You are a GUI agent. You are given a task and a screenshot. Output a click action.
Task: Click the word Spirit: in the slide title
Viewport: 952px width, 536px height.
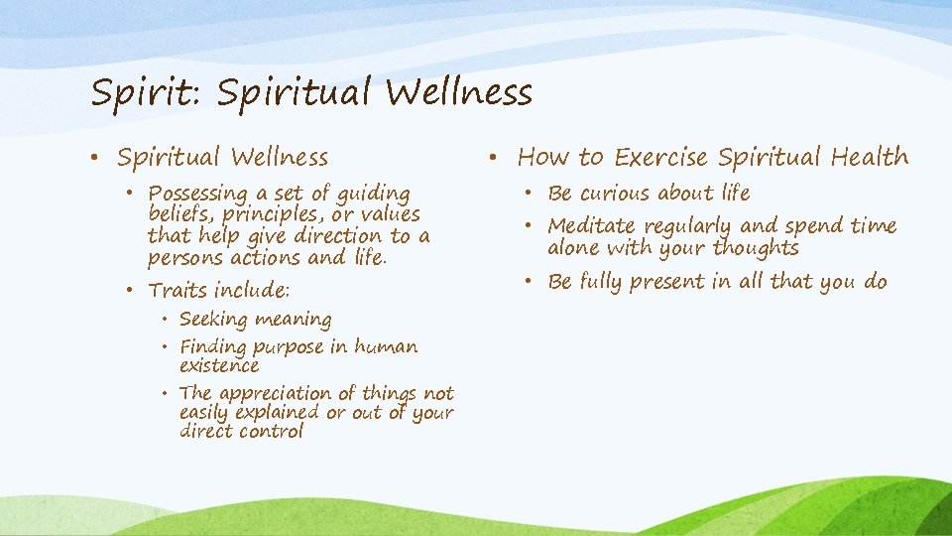pyautogui.click(x=147, y=93)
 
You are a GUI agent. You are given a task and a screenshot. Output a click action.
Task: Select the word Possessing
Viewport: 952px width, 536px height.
pyautogui.click(x=198, y=194)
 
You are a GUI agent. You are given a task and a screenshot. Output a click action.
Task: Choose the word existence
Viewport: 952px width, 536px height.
pyautogui.click(x=219, y=365)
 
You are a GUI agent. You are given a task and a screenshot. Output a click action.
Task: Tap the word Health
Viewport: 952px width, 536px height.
pyautogui.click(x=870, y=157)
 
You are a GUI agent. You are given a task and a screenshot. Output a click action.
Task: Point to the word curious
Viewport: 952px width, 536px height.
pyautogui.click(x=615, y=194)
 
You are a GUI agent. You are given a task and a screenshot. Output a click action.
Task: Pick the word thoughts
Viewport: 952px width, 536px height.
pyautogui.click(x=756, y=248)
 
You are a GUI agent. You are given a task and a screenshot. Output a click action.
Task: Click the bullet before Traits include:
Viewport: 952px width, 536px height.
pyautogui.click(x=129, y=291)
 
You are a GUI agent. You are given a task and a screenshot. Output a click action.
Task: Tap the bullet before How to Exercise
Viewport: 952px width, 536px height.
pyautogui.click(x=493, y=158)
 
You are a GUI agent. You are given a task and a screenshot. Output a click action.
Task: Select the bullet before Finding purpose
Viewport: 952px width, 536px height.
pyautogui.click(x=165, y=347)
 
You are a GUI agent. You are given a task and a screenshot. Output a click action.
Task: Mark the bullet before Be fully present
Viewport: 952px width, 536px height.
pyautogui.click(x=529, y=281)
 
